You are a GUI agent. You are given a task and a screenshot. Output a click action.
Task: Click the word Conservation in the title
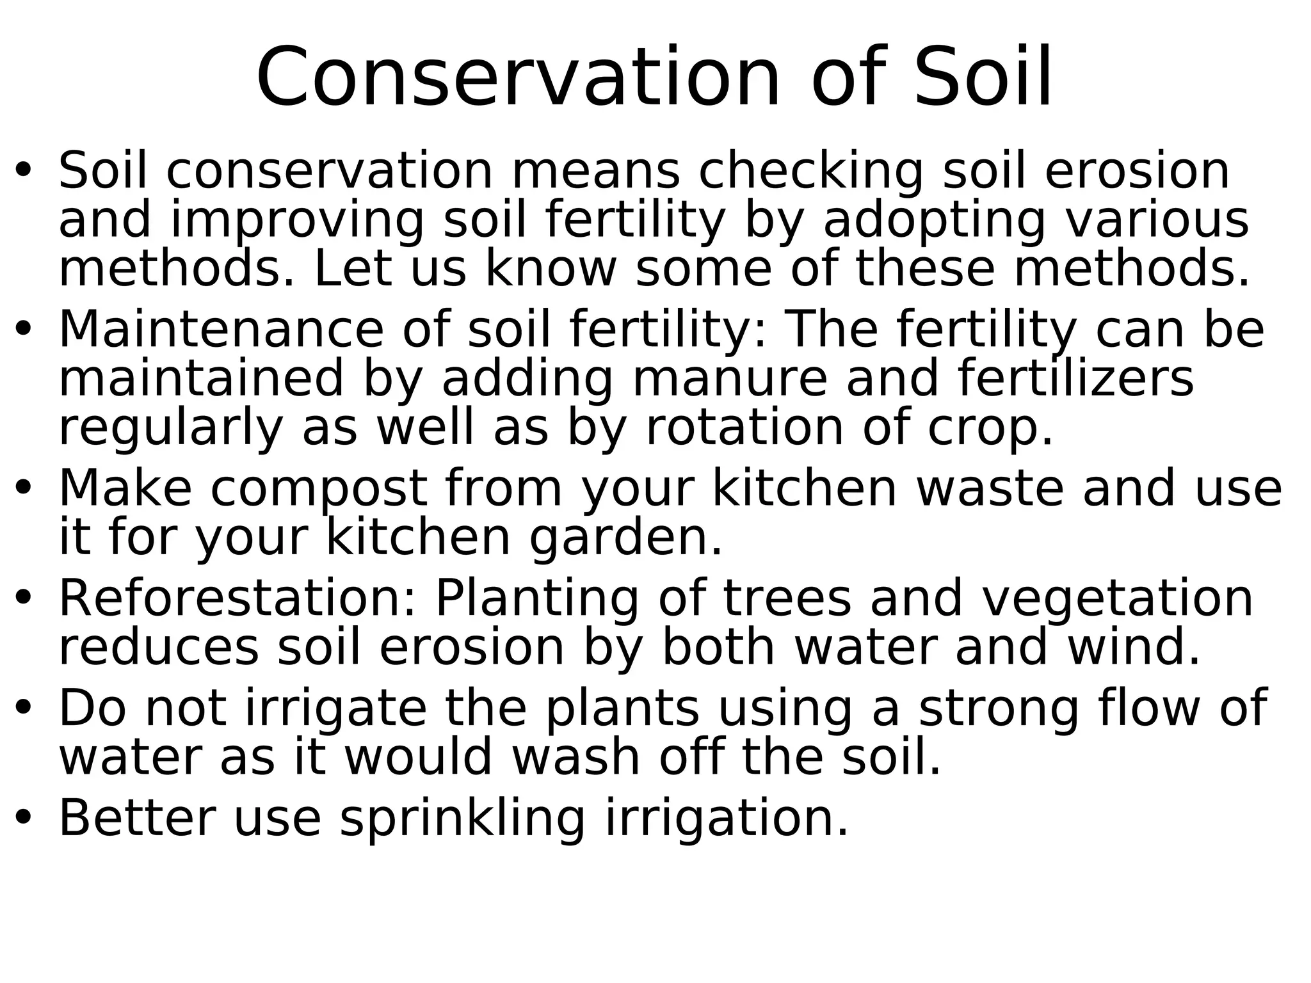[x=518, y=78]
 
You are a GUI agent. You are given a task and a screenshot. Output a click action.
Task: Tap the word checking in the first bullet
[x=810, y=172]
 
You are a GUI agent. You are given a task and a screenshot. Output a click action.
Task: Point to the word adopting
[x=934, y=221]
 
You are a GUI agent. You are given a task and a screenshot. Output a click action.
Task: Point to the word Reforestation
[x=237, y=598]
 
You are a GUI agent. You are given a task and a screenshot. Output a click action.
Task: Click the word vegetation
[x=1117, y=598]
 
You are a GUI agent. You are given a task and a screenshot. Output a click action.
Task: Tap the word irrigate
[x=335, y=708]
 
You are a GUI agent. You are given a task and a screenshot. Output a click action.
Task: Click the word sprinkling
[x=462, y=819]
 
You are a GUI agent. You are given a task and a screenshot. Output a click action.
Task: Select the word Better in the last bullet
[x=136, y=819]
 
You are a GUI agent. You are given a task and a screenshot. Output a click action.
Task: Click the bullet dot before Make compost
[x=24, y=490]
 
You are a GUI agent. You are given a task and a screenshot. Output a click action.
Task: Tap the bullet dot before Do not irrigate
[x=24, y=709]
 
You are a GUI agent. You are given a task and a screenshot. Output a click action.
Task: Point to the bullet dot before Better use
[x=24, y=819]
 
